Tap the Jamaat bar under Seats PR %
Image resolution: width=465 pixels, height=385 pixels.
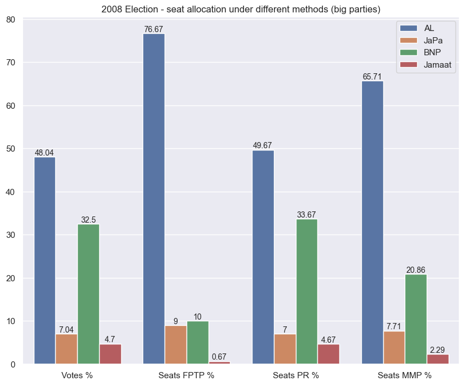(329, 354)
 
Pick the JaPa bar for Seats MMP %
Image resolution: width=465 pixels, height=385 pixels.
(394, 348)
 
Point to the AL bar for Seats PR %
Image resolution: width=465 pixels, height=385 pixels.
(263, 257)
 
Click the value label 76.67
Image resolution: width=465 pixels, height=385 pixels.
(154, 29)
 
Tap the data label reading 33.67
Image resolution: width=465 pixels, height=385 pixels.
(307, 215)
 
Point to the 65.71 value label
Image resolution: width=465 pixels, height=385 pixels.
(372, 77)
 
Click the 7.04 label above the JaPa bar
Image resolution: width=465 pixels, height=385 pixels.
(67, 330)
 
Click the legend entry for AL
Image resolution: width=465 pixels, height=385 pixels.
(429, 28)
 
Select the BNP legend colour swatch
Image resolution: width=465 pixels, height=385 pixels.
(408, 52)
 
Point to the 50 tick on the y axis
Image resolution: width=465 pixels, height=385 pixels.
(12, 149)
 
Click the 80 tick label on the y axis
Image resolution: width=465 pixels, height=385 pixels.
(12, 19)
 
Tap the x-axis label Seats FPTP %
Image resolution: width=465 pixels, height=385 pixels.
(187, 375)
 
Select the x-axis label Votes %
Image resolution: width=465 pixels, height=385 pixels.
(77, 375)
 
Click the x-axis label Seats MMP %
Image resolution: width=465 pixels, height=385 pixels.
(405, 375)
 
